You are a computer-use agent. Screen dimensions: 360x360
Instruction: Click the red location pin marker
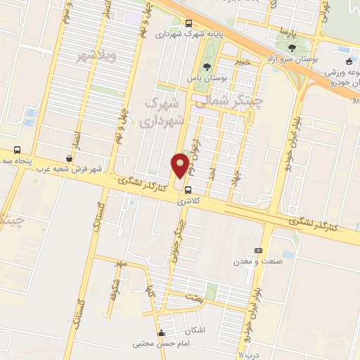click(181, 165)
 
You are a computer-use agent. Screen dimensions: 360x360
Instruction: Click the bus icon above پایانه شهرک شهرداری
click(188, 22)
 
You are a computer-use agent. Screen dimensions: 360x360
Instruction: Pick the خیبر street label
click(243, 62)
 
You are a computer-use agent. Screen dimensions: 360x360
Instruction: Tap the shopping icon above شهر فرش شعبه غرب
click(68, 159)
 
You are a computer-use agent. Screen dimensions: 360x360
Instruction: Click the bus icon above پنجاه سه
click(18, 150)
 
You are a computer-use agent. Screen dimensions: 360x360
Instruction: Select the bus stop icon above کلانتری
click(188, 190)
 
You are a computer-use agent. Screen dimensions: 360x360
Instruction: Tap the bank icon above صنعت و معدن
click(259, 250)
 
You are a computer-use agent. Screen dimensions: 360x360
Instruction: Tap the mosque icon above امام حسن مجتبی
click(162, 333)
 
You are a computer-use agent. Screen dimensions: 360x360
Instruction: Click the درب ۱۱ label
click(250, 356)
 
